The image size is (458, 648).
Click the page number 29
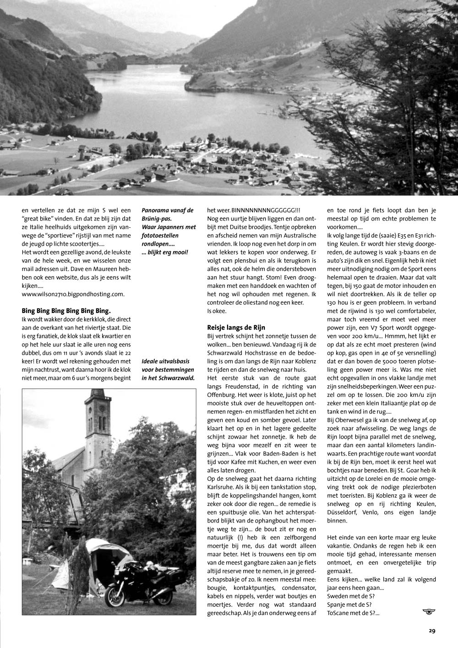click(432, 631)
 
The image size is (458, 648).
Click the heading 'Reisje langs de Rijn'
click(236, 327)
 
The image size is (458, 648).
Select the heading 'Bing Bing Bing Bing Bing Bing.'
click(66, 310)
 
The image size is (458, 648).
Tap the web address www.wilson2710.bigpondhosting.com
click(73, 294)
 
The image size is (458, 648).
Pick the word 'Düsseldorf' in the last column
click(344, 512)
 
